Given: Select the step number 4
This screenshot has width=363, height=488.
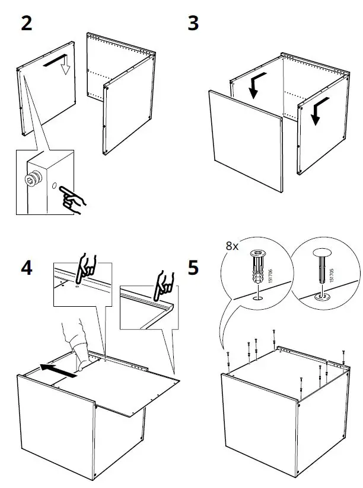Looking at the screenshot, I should pyautogui.click(x=27, y=268).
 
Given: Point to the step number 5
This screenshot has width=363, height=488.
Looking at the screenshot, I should pyautogui.click(x=193, y=268).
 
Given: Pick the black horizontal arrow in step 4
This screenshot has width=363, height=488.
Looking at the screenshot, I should pyautogui.click(x=59, y=371).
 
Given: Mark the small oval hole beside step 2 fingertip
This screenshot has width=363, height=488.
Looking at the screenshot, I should pyautogui.click(x=53, y=187).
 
